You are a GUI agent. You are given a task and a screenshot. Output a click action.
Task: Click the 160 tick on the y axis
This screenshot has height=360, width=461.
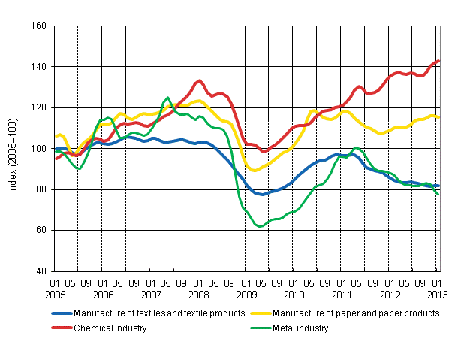[x=40, y=26]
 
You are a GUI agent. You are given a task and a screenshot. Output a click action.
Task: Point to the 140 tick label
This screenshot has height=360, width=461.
[x=40, y=67]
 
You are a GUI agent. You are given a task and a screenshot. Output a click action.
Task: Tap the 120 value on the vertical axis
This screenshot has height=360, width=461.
[x=40, y=107]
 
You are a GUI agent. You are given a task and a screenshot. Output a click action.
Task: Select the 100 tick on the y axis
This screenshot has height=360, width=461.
[x=40, y=149]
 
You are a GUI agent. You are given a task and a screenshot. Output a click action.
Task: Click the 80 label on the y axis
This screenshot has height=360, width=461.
[x=42, y=189]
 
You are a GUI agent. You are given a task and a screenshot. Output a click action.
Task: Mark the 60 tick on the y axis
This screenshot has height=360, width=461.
[x=42, y=230]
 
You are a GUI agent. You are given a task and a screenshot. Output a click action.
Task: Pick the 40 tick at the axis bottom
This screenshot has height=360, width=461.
[x=42, y=271]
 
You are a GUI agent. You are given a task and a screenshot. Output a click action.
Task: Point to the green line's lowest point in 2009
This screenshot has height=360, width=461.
[x=260, y=226]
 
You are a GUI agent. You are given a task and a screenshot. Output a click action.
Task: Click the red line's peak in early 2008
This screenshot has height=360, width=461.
[x=199, y=80]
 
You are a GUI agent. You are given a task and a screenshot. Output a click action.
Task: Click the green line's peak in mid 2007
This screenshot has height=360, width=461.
[x=167, y=98]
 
